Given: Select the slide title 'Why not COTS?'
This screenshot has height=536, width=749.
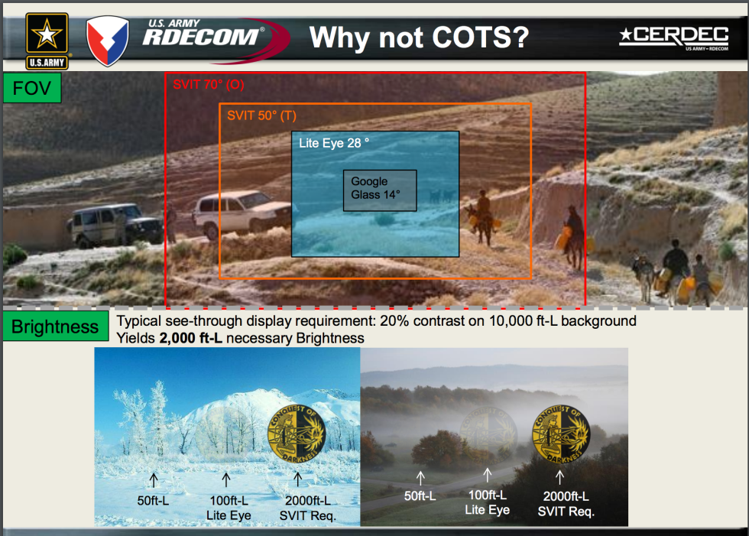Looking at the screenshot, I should (x=419, y=37).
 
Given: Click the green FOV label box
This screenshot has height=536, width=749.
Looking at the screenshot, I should (x=31, y=89).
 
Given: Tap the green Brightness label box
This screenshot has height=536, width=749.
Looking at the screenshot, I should (x=55, y=327).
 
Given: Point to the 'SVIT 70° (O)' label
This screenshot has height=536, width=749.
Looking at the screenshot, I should (x=208, y=84).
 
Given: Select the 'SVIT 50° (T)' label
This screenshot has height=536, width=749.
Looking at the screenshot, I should (x=261, y=115).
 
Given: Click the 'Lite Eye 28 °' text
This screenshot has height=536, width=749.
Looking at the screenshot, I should (x=334, y=142).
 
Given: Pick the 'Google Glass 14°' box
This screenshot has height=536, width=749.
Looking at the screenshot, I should (x=380, y=190).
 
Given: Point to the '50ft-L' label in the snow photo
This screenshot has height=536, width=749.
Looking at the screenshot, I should (x=154, y=502).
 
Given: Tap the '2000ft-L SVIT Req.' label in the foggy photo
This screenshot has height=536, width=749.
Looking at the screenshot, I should (x=566, y=503).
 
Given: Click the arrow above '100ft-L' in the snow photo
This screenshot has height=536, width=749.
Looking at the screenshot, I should (x=226, y=480).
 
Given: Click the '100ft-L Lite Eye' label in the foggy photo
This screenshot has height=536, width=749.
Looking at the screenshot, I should (x=487, y=502).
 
